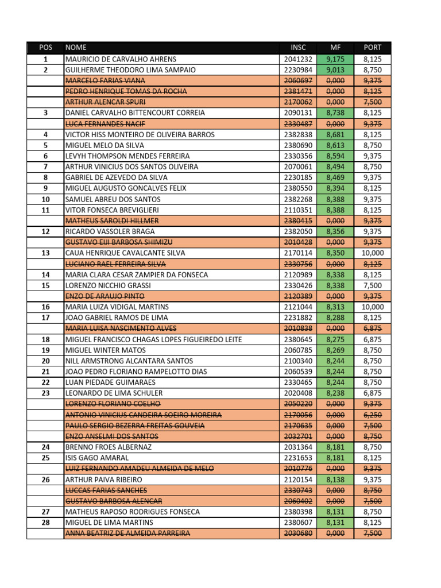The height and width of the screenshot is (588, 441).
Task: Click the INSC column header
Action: coord(298,48)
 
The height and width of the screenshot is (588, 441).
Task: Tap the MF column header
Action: coord(335,48)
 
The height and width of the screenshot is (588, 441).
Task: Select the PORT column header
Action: coord(372,48)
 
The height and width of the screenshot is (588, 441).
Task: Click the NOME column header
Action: coord(76,48)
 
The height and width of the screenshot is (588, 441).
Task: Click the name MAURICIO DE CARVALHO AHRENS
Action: coord(121,59)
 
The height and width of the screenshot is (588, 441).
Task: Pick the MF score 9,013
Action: coord(335,69)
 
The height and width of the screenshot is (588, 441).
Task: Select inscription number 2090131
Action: coord(298,113)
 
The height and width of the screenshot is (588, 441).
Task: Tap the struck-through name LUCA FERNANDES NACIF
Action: coord(102,123)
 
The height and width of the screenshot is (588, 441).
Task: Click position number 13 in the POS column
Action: coord(46,253)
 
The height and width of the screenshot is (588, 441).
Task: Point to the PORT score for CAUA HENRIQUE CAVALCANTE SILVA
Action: coord(373,253)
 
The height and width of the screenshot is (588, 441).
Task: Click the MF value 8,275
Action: coord(335,339)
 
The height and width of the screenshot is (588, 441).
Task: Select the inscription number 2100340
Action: coord(298,361)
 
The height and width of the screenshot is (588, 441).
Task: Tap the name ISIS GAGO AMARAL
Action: coord(97,458)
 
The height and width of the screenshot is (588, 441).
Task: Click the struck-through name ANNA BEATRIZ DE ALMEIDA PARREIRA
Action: coord(127,533)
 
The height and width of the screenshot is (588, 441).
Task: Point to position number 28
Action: coord(46,522)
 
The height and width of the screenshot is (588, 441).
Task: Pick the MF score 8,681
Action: coord(335,134)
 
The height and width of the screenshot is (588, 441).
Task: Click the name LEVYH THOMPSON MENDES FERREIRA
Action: coord(124,156)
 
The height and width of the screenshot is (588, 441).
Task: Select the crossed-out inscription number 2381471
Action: coord(298,91)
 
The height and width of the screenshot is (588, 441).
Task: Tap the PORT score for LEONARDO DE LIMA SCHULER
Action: coord(373,393)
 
